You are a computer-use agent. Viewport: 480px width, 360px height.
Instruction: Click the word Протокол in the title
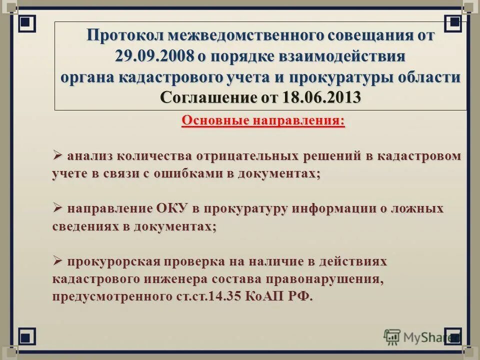coord(125,35)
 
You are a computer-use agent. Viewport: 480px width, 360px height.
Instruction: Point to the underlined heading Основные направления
coord(263,121)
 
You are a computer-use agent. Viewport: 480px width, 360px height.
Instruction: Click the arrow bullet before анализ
coord(57,155)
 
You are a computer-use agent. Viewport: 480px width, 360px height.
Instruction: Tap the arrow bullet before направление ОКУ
coord(57,207)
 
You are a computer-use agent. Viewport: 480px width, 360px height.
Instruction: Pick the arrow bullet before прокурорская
coord(57,260)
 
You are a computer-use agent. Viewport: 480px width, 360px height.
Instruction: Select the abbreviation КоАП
coord(263,296)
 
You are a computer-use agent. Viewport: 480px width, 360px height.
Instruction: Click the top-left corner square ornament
coord(27,23)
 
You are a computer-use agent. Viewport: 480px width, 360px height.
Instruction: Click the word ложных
coord(420,208)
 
